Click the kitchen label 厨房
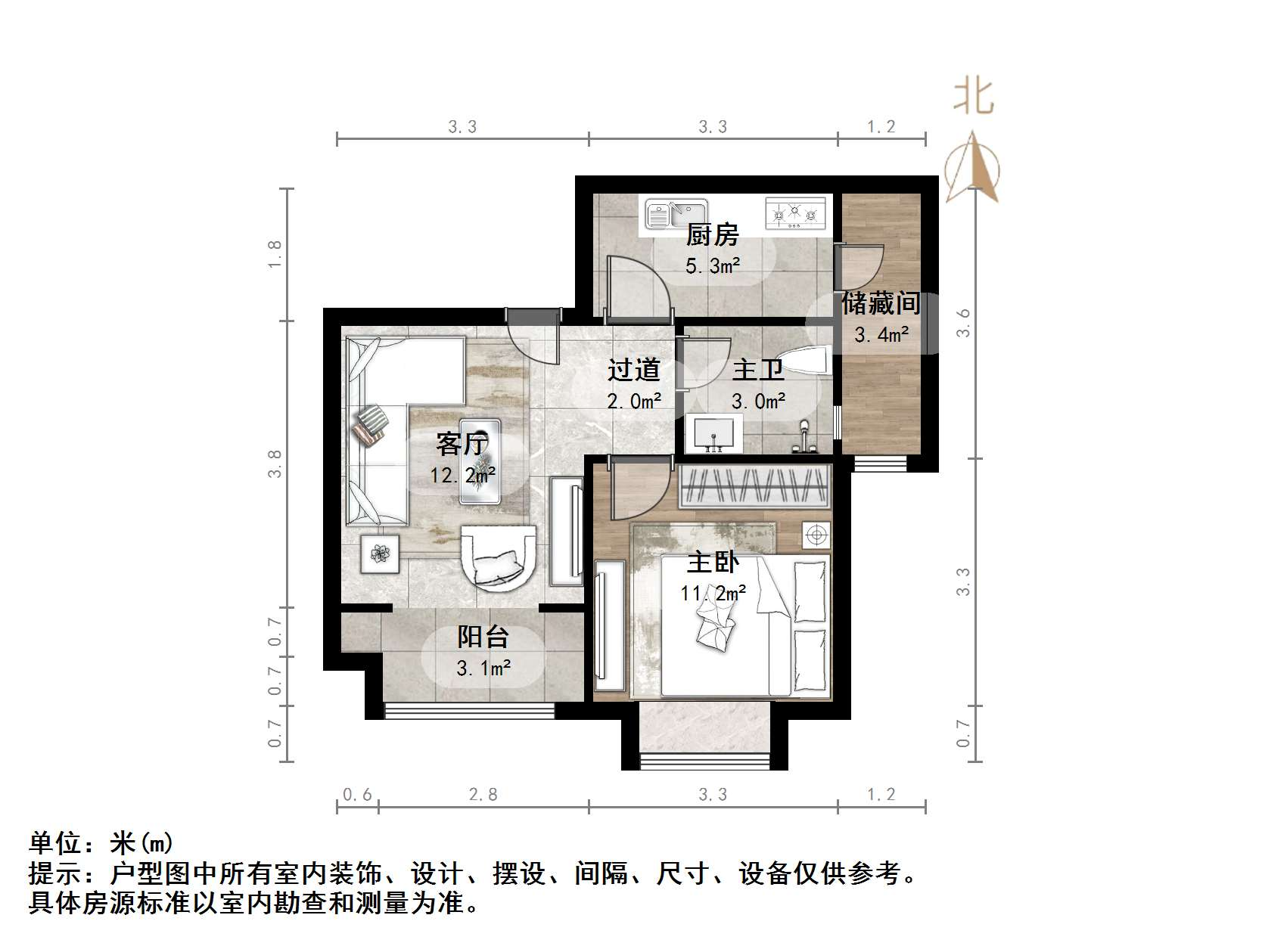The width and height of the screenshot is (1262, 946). coord(711,236)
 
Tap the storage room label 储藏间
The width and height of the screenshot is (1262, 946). coord(881,304)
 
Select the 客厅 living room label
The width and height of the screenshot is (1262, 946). coord(462,444)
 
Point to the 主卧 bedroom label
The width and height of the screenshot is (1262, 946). coord(713,563)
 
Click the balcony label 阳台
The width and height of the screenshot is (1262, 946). coord(483,637)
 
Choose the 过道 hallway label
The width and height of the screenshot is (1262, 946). coord(634,370)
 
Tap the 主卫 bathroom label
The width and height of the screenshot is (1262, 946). coord(757,370)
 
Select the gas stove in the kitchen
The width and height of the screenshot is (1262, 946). coord(794,213)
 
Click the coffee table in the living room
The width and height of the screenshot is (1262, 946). coord(481,462)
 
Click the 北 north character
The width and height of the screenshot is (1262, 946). coord(973,98)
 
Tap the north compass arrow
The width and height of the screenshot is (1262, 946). coord(972,167)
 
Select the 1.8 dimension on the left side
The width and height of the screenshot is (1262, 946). coord(275,254)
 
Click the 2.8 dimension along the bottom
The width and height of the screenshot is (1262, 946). coord(483,794)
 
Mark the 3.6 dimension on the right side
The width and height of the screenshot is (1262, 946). coord(962,323)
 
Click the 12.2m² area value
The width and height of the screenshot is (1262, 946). coord(463,475)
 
